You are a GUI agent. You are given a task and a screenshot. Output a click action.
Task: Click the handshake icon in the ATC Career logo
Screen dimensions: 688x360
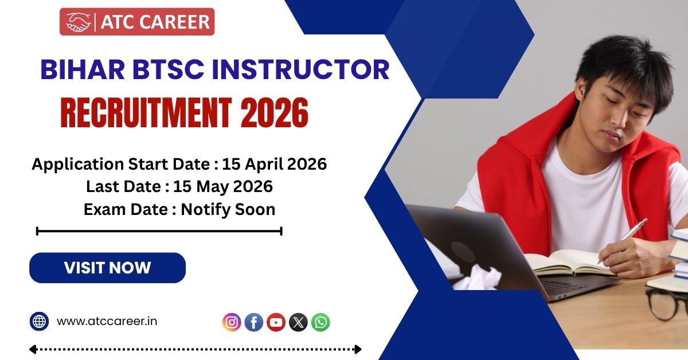[79, 22]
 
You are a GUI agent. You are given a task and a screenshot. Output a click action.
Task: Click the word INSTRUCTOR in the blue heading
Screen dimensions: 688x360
[300, 69]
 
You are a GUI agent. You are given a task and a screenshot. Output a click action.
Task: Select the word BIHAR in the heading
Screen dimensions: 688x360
[83, 69]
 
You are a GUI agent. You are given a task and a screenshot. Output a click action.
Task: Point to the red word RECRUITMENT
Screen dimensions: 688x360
[146, 113]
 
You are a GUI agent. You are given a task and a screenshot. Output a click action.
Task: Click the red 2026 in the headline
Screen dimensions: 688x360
[274, 113]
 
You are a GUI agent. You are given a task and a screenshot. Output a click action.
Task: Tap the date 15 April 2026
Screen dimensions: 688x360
[274, 164]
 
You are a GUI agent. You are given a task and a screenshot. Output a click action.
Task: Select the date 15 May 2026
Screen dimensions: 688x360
[223, 186]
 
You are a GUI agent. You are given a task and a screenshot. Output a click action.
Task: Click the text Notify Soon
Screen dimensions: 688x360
[228, 210]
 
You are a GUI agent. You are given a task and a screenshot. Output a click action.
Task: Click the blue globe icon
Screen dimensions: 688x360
[39, 321]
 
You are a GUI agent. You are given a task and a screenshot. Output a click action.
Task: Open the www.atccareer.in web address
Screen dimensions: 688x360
[107, 321]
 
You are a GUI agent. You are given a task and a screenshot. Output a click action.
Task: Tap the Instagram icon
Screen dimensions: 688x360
[232, 322]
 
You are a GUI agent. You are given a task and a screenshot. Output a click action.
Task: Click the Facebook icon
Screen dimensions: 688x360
[253, 322]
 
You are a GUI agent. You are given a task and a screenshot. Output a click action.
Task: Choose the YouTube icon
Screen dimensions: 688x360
[276, 322]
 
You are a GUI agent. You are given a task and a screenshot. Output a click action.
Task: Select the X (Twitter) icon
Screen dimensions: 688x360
[298, 322]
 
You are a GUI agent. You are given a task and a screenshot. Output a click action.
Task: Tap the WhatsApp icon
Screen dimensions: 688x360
[320, 322]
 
